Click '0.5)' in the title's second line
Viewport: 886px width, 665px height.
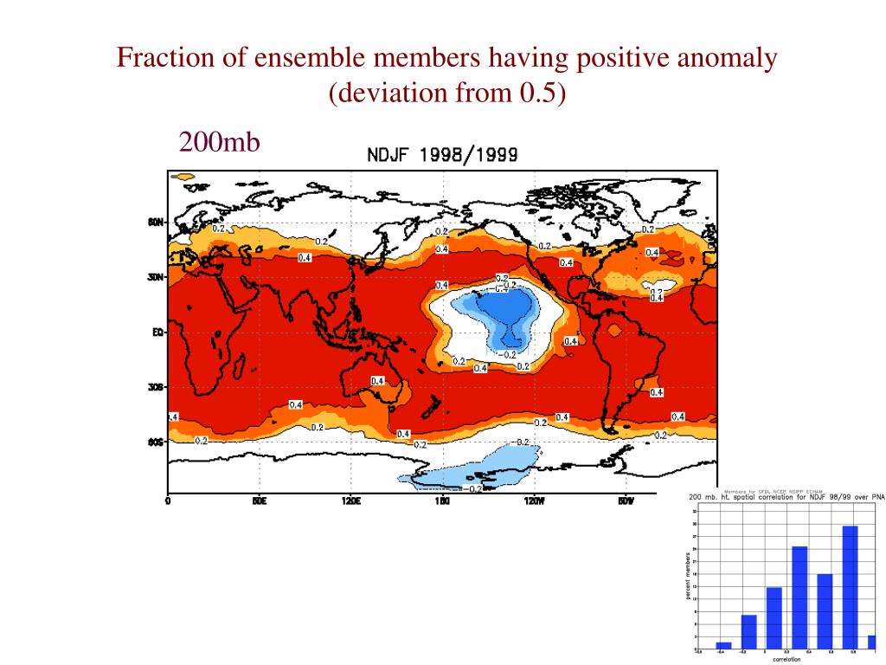(x=543, y=93)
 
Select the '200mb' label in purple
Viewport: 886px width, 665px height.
(x=219, y=141)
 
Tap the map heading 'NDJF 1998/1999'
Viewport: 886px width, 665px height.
(x=442, y=156)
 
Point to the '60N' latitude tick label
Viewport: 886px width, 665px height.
(x=156, y=223)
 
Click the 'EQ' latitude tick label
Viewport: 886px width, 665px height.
(x=157, y=332)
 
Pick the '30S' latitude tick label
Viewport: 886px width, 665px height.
(x=156, y=387)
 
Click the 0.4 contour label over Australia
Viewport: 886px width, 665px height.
(x=377, y=381)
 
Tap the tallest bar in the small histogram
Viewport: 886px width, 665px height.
(x=850, y=586)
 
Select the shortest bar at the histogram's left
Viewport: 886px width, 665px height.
(x=724, y=644)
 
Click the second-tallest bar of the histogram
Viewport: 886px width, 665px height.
(x=799, y=597)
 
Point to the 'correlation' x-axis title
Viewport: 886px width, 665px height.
(x=786, y=660)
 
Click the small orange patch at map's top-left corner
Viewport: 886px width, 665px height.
(x=183, y=177)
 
